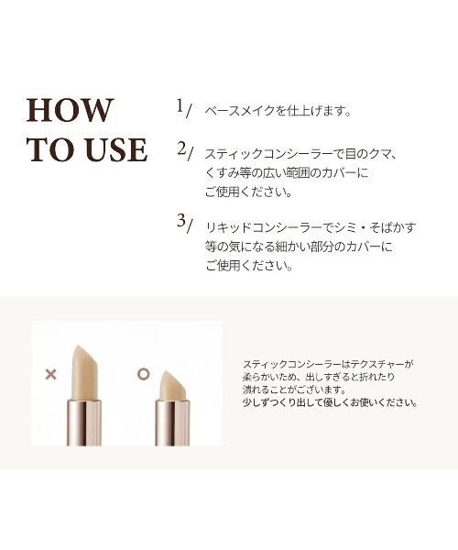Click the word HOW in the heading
pyautogui.click(x=72, y=109)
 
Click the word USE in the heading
pyautogui.click(x=114, y=149)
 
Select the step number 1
pyautogui.click(x=181, y=106)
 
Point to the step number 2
pyautogui.click(x=181, y=148)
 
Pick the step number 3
pyautogui.click(x=181, y=223)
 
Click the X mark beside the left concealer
pyautogui.click(x=50, y=374)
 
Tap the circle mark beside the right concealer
pyautogui.click(x=142, y=374)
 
